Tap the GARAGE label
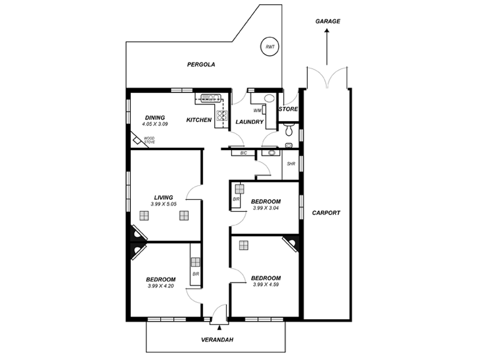328,21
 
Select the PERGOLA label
200,64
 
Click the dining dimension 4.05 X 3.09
155,124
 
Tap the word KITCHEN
199,120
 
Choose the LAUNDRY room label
250,122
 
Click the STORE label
289,109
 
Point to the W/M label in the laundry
257,110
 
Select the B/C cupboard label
244,154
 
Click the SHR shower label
291,163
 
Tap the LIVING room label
163,197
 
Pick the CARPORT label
326,212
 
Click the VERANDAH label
217,340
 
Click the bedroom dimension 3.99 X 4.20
161,286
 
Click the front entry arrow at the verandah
220,327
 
